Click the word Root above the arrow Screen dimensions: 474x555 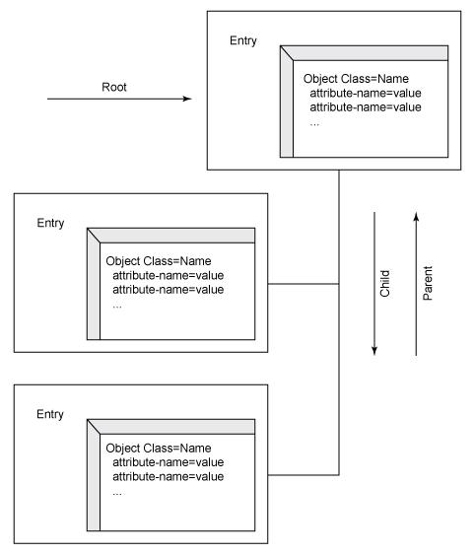coord(114,87)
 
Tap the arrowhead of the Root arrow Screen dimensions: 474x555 coord(187,99)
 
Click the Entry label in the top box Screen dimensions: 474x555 coord(243,40)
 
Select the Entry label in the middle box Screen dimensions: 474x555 coord(50,223)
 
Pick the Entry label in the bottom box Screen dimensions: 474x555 coord(50,414)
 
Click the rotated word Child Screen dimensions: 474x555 coord(384,284)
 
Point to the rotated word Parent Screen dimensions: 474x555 coord(428,283)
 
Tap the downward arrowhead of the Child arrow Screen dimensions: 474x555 coord(374,350)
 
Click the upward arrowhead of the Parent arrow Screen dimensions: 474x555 coord(416,217)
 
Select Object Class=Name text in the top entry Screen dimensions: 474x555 coord(356,79)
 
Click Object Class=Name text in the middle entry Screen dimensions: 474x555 coord(159,261)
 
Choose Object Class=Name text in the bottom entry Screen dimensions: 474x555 coord(159,449)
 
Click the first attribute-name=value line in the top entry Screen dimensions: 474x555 coord(366,93)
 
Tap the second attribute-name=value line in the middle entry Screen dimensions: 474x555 coord(169,290)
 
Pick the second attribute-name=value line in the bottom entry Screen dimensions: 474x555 coord(169,476)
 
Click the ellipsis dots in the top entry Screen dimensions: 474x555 coord(314,124)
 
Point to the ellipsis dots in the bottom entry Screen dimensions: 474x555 coord(117,494)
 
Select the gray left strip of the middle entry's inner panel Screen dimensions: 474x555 coord(94,287)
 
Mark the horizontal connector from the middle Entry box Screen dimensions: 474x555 coord(304,284)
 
